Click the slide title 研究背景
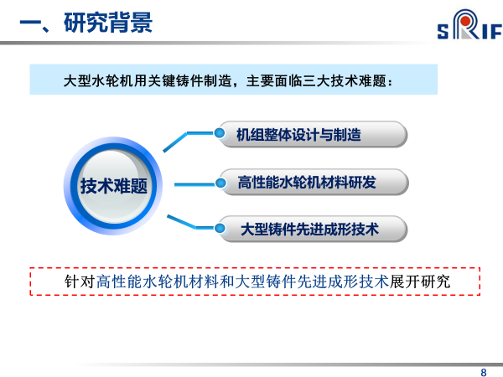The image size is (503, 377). coord(108,23)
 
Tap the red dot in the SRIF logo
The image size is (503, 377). coord(466,21)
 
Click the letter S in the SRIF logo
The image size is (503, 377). coord(443,32)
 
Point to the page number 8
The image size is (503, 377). coord(484,372)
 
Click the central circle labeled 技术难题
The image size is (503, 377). coord(113,186)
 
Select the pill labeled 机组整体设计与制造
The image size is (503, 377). coord(313,134)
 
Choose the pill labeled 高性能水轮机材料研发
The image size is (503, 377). coord(314,182)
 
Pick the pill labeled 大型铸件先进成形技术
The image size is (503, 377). coord(313,229)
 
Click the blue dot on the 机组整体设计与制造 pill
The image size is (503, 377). coord(220,133)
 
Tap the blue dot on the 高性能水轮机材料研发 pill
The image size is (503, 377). coord(220,183)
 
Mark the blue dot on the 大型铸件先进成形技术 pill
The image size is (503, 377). coord(220,228)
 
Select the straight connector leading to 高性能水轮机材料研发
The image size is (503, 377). coord(194,184)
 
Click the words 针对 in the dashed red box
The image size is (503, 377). coord(80,281)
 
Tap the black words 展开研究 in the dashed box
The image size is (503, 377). coord(420,281)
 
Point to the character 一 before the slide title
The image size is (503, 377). coord(31,23)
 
